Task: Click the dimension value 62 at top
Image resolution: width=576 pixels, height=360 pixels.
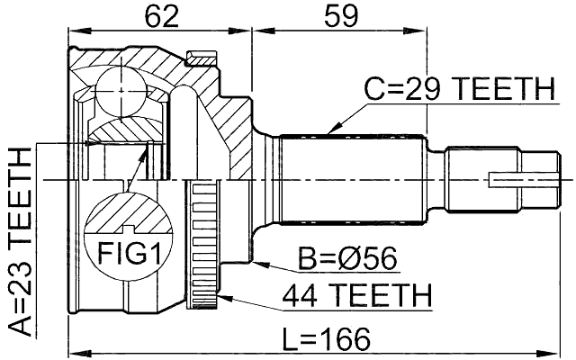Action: coord(161,15)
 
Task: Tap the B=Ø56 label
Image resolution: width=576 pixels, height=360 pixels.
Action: coord(346,260)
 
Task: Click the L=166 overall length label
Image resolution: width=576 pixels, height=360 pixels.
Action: coord(320,339)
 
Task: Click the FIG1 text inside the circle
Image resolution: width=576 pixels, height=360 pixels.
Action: coord(125,254)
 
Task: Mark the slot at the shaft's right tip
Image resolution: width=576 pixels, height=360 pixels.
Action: coord(522,181)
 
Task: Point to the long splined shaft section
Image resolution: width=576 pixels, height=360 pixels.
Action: coord(351,180)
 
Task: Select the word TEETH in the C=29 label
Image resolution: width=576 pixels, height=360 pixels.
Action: coord(502,89)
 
